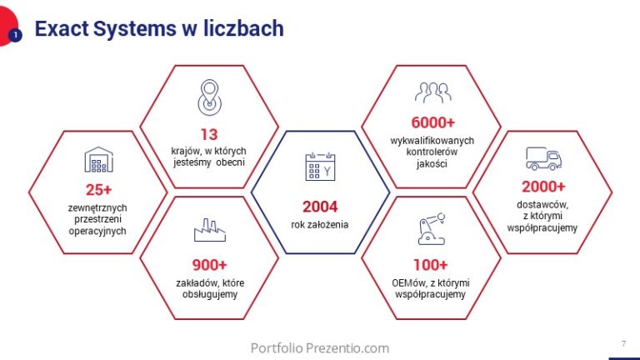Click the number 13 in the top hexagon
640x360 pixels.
pos(209,134)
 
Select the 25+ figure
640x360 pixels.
pos(98,189)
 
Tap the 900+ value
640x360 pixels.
pos(209,265)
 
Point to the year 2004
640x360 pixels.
pos(320,207)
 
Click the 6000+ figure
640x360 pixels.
pos(432,122)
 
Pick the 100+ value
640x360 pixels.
pos(430,265)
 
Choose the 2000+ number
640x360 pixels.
pos(542,187)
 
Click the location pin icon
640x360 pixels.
pos(209,97)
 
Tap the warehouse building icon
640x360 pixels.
pos(98,159)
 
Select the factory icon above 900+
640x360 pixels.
pos(209,231)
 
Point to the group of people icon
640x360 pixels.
pos(432,92)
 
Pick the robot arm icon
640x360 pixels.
pos(430,229)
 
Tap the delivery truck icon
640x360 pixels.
pos(542,158)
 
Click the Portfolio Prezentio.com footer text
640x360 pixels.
pos(320,347)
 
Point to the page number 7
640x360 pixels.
pos(624,343)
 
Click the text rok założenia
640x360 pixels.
pos(320,224)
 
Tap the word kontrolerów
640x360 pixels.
pos(432,152)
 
